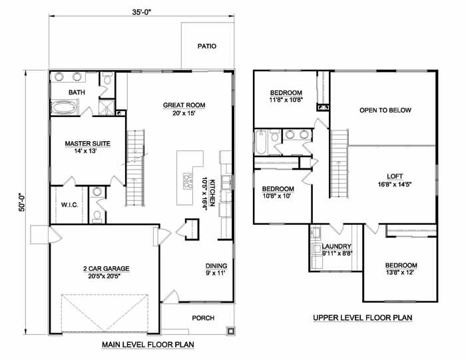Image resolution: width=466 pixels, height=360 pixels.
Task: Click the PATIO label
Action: pyautogui.click(x=207, y=47)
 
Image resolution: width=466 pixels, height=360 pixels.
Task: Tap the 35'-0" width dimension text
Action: pyautogui.click(x=142, y=12)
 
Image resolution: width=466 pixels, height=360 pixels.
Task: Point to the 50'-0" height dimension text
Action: pyautogui.click(x=22, y=202)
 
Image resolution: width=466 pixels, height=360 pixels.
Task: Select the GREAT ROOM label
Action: pyautogui.click(x=184, y=105)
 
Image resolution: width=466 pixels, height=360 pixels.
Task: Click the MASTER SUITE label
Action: pyautogui.click(x=88, y=144)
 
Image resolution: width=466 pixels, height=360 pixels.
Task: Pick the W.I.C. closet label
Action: pyautogui.click(x=69, y=205)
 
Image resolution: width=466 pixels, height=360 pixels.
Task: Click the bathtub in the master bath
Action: pyautogui.click(x=65, y=107)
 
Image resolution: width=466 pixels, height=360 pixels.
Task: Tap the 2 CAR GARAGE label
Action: pyautogui.click(x=106, y=269)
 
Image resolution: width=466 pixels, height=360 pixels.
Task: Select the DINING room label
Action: pyautogui.click(x=216, y=266)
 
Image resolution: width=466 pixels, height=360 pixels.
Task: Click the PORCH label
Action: pyautogui.click(x=203, y=318)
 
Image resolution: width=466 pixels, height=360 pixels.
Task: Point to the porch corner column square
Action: pyautogui.click(x=230, y=331)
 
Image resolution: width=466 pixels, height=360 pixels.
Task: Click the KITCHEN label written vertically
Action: pyautogui.click(x=212, y=193)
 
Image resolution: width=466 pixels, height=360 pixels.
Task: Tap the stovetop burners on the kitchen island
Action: pyautogui.click(x=188, y=180)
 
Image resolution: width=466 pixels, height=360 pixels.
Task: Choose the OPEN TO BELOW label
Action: pyautogui.click(x=385, y=110)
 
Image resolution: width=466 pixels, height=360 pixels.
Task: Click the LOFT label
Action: pyautogui.click(x=395, y=176)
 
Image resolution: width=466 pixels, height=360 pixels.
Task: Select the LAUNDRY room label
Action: pyautogui.click(x=337, y=246)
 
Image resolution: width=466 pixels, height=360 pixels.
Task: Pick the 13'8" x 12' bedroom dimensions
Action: pyautogui.click(x=399, y=272)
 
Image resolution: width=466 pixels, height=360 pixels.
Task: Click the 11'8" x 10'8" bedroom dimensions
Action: pyautogui.click(x=286, y=100)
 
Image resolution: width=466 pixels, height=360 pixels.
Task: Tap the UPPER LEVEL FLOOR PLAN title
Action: pyautogui.click(x=363, y=318)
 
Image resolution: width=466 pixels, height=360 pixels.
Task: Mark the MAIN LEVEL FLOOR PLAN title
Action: pyautogui.click(x=148, y=345)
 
